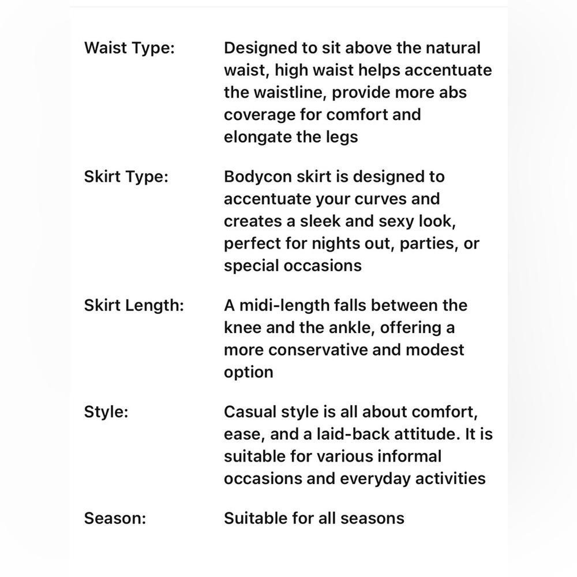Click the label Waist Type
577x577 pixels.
point(129,48)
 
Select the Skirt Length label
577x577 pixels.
point(134,305)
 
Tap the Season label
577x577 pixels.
point(115,518)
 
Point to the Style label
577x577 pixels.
point(106,412)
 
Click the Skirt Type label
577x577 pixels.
point(126,177)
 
